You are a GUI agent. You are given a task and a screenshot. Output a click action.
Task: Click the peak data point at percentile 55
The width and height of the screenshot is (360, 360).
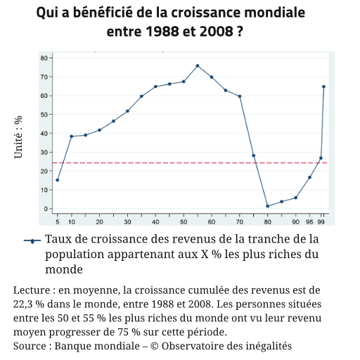(x=198, y=66)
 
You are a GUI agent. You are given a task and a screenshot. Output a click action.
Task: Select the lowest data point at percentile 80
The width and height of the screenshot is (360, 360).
(x=268, y=206)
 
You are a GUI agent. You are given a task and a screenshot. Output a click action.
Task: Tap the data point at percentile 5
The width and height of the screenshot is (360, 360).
(x=58, y=180)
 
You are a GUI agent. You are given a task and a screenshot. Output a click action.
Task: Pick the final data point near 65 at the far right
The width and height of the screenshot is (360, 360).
(x=323, y=86)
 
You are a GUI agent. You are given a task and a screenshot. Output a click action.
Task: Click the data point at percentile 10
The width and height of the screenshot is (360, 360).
(x=72, y=136)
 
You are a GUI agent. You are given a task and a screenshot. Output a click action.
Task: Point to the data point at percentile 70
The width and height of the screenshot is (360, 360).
(x=240, y=96)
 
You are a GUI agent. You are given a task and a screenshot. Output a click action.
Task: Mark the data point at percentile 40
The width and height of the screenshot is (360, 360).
(x=155, y=86)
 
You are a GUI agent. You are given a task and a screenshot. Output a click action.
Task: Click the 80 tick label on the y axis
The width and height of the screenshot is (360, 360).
(x=44, y=58)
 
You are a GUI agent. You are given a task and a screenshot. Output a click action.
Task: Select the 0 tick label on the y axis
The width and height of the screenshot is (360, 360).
(x=46, y=209)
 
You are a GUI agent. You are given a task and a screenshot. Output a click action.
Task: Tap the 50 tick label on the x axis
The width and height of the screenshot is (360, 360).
(x=184, y=221)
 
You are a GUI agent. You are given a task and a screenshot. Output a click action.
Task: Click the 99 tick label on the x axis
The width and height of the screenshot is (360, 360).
(x=321, y=221)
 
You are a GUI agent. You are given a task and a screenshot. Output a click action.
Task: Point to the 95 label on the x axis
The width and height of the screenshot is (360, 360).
(x=309, y=221)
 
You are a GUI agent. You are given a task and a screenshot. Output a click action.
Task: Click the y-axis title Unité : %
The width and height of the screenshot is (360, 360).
(x=18, y=137)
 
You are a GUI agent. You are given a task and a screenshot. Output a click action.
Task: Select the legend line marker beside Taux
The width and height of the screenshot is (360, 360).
(x=32, y=240)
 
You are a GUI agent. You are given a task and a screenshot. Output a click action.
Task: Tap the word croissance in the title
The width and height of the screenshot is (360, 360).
(x=206, y=13)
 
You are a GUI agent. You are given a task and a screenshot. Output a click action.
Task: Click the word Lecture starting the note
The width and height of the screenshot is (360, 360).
(x=32, y=290)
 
